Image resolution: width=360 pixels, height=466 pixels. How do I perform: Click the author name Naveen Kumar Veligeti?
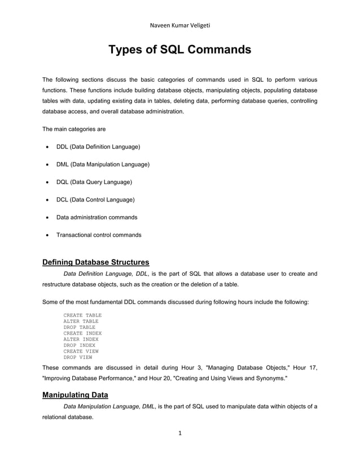click(179, 25)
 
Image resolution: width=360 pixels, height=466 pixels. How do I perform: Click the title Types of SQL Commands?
click(179, 50)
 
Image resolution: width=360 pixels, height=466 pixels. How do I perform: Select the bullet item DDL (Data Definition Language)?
click(98, 147)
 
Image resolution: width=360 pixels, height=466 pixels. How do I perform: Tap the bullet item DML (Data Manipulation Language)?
click(103, 164)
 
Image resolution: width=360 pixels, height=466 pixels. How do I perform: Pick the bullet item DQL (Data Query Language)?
click(94, 182)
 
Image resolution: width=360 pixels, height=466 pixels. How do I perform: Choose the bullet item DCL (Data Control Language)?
click(95, 200)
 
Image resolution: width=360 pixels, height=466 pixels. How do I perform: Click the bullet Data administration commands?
click(96, 217)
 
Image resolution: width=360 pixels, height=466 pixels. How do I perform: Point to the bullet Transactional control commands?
click(99, 235)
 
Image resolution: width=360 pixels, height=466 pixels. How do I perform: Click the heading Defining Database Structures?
click(96, 262)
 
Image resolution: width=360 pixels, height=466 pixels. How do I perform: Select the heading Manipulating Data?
click(75, 395)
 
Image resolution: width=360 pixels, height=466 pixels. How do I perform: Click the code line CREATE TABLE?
click(82, 315)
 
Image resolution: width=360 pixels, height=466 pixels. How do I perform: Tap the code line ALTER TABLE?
click(81, 321)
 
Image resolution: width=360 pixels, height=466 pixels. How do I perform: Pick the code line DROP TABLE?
click(79, 327)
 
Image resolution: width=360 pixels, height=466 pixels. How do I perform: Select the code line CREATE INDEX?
click(82, 333)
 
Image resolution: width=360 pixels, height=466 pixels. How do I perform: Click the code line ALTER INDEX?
click(81, 339)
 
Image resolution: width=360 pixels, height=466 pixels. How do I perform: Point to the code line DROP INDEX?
click(79, 345)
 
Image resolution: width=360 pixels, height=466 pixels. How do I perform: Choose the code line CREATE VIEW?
click(81, 351)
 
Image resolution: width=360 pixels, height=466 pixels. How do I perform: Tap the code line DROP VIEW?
click(78, 357)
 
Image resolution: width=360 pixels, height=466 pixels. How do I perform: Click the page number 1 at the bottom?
click(179, 433)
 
